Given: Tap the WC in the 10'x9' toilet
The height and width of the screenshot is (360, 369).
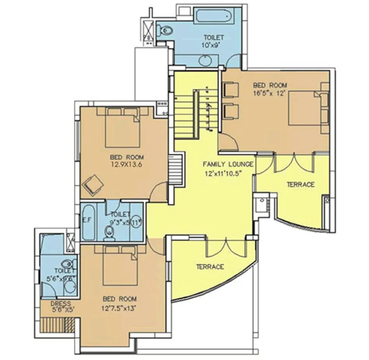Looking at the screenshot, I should [164, 30].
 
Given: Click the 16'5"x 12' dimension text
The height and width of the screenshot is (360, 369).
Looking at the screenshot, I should [270, 93].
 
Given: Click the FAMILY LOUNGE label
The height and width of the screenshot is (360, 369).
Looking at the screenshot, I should [228, 164].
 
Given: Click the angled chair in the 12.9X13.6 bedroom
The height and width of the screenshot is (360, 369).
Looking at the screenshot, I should [93, 184].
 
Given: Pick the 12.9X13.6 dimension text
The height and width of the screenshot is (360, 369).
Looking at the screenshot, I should [127, 165].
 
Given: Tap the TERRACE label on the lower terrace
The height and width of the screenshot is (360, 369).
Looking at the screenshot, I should [210, 267].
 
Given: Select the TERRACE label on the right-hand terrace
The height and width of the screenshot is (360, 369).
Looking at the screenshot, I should [300, 184].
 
